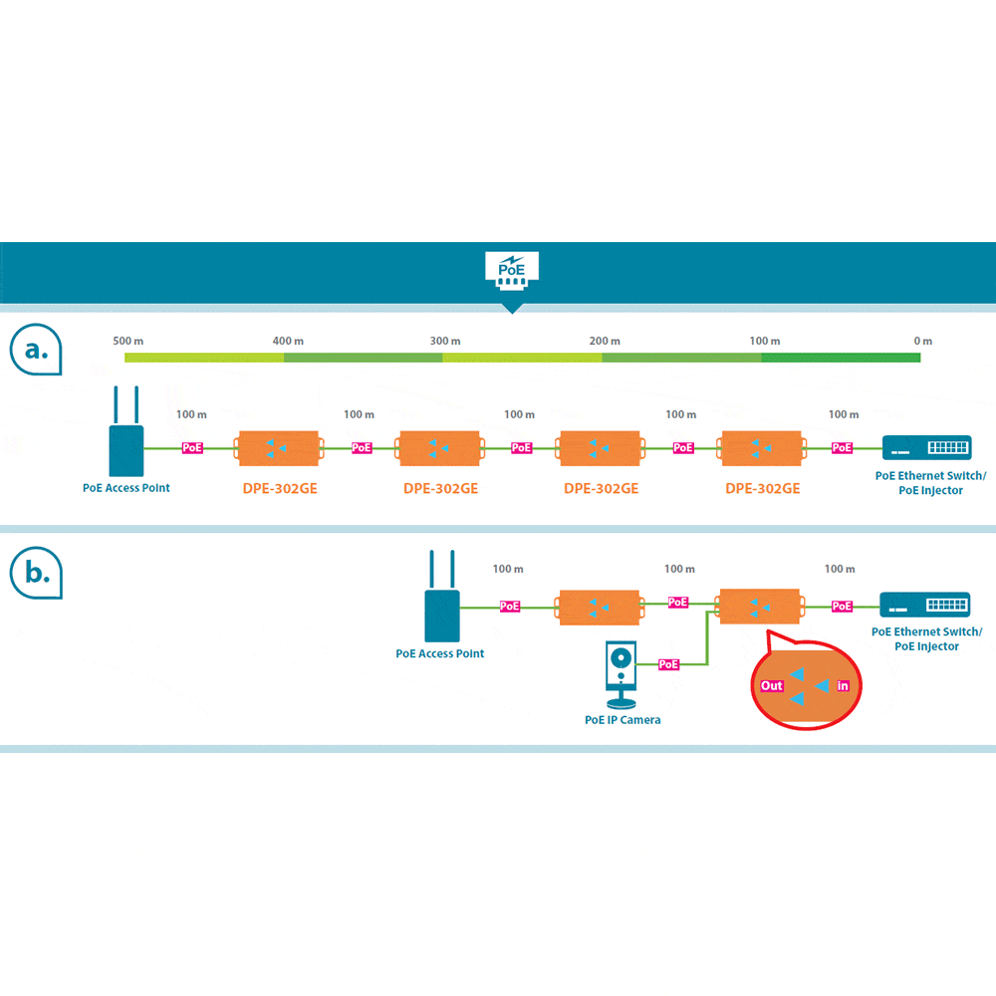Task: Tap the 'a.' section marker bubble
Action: [36, 351]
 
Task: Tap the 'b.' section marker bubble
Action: [36, 574]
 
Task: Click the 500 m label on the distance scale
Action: [128, 341]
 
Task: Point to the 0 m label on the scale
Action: [922, 341]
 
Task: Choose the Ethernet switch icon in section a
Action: [926, 448]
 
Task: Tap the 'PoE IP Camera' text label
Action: [622, 719]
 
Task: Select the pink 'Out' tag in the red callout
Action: [772, 686]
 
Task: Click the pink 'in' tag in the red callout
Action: [843, 686]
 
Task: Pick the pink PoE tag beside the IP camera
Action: [669, 664]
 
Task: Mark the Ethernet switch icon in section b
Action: [924, 605]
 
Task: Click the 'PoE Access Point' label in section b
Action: [440, 653]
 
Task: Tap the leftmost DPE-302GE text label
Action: [280, 488]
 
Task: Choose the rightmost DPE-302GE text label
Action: [762, 488]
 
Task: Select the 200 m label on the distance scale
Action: [605, 341]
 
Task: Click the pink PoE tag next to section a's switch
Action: [843, 448]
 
